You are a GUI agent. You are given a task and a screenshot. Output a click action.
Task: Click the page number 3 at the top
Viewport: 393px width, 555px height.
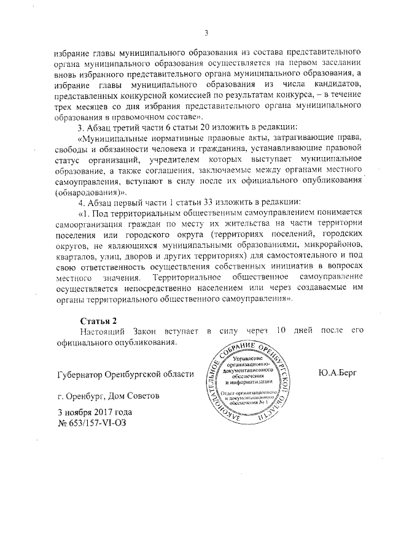click(x=207, y=33)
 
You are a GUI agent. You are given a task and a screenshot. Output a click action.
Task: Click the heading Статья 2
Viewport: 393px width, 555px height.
click(x=98, y=321)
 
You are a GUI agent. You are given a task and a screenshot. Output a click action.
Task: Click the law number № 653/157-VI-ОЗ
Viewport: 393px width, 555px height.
click(x=91, y=423)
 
